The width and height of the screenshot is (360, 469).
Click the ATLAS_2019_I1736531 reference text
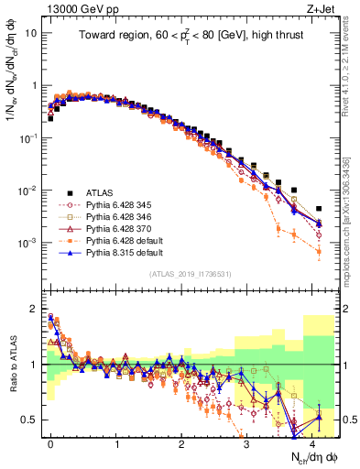(191, 274)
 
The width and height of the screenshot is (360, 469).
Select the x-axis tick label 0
(50, 443)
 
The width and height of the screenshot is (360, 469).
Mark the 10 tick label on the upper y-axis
(30, 33)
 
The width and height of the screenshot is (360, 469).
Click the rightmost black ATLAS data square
(319, 209)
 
